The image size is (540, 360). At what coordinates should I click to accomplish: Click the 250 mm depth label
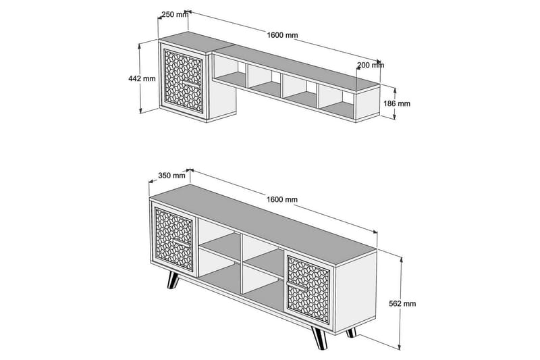[x=174, y=15]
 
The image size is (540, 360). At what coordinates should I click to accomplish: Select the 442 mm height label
[x=142, y=78]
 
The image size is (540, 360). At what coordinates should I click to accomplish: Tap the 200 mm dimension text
[x=370, y=66]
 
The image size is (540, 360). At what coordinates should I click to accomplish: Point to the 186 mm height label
[x=397, y=104]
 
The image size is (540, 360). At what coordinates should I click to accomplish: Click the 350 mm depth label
[x=171, y=176]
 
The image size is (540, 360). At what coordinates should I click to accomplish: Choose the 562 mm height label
[x=403, y=304]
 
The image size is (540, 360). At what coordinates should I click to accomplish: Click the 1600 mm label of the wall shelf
[x=282, y=35]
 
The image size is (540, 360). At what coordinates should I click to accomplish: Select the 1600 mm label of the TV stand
[x=282, y=199]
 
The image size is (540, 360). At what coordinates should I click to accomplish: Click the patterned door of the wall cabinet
[x=182, y=81]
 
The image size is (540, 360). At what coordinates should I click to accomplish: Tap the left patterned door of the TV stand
[x=174, y=243]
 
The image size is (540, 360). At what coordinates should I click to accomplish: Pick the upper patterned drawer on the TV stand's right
[x=309, y=268]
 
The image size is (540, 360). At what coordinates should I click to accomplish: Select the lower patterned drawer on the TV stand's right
[x=309, y=297]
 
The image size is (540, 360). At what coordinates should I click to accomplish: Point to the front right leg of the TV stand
[x=321, y=337]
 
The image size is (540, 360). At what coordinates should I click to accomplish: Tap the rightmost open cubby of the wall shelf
[x=335, y=98]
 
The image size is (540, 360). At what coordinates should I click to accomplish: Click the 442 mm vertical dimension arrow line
[x=141, y=95]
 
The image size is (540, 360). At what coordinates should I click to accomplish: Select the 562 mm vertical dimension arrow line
[x=400, y=284]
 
